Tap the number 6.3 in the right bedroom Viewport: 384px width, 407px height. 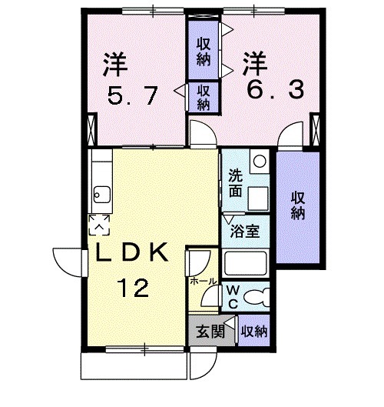274,91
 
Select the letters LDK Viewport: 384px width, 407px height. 132,254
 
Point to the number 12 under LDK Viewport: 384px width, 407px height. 132,289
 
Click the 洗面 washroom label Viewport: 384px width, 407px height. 237,182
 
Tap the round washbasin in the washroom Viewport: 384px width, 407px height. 259,162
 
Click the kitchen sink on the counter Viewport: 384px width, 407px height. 100,192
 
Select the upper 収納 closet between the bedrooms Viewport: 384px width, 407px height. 204,50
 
